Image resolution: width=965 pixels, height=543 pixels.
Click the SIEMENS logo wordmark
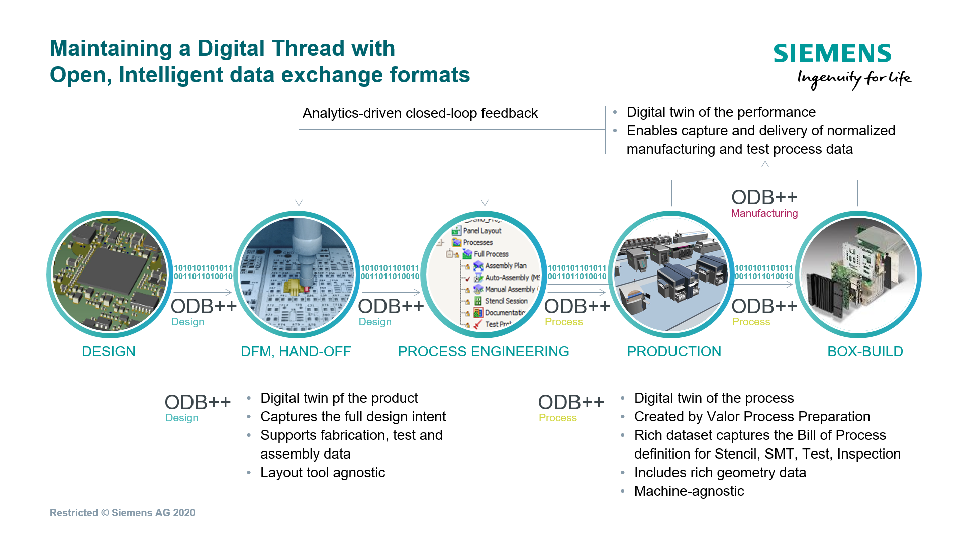pos(832,53)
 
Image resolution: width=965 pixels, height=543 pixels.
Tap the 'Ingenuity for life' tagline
pos(854,79)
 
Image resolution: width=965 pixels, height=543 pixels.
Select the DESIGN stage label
pos(109,352)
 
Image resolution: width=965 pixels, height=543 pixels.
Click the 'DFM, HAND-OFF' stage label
pos(296,352)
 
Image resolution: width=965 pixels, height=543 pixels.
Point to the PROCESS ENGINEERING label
pos(484,352)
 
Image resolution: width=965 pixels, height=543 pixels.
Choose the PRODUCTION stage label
pos(674,352)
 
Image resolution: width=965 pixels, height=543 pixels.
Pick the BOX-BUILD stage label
pos(865,352)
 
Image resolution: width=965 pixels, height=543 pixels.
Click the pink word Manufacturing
pos(764,213)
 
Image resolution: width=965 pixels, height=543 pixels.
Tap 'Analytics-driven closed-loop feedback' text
pos(420,113)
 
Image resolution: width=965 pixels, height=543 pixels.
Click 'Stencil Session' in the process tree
pos(506,301)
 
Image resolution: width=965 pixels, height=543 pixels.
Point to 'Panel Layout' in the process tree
pos(482,231)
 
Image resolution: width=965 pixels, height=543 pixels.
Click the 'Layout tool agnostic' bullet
pos(323,473)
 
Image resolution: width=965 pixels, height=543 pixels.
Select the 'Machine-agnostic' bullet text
pos(689,491)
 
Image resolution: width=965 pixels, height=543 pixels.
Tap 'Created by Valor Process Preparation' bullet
pos(752,417)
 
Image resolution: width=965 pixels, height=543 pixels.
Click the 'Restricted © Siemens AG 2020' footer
pos(122,513)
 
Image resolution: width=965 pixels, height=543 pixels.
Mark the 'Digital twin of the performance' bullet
pos(721,112)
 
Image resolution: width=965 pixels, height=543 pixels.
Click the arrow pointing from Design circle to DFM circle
pos(202,292)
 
